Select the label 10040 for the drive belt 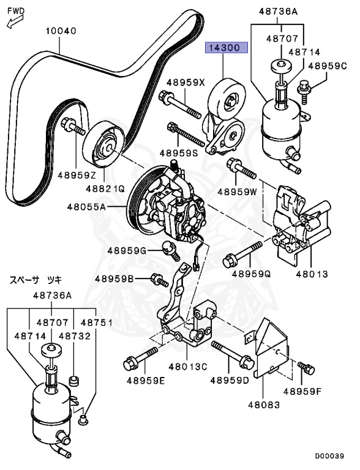point(61,31)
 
